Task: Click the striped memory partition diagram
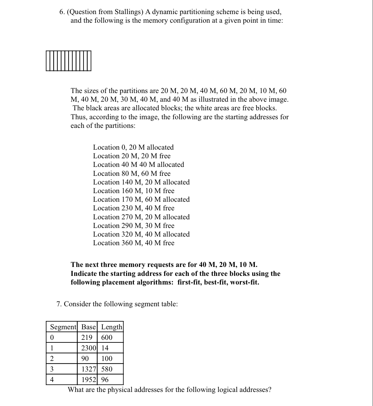[x=69, y=61]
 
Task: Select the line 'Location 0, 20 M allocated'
[x=133, y=147]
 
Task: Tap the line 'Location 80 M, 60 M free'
[x=132, y=174]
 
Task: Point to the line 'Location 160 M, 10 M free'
[x=134, y=191]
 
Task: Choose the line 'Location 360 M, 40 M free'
[x=134, y=243]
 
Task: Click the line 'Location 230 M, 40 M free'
[x=134, y=208]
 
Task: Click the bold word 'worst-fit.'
[x=245, y=282]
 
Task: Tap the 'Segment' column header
[x=63, y=327]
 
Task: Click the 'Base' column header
[x=88, y=327]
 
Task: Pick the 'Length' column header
[x=111, y=327]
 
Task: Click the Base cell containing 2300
[x=89, y=348]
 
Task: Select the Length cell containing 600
[x=107, y=338]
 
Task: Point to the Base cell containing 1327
[x=89, y=369]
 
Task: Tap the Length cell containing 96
[x=105, y=380]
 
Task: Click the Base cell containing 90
[x=85, y=358]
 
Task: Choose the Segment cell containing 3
[x=52, y=369]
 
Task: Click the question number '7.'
[x=59, y=304]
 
